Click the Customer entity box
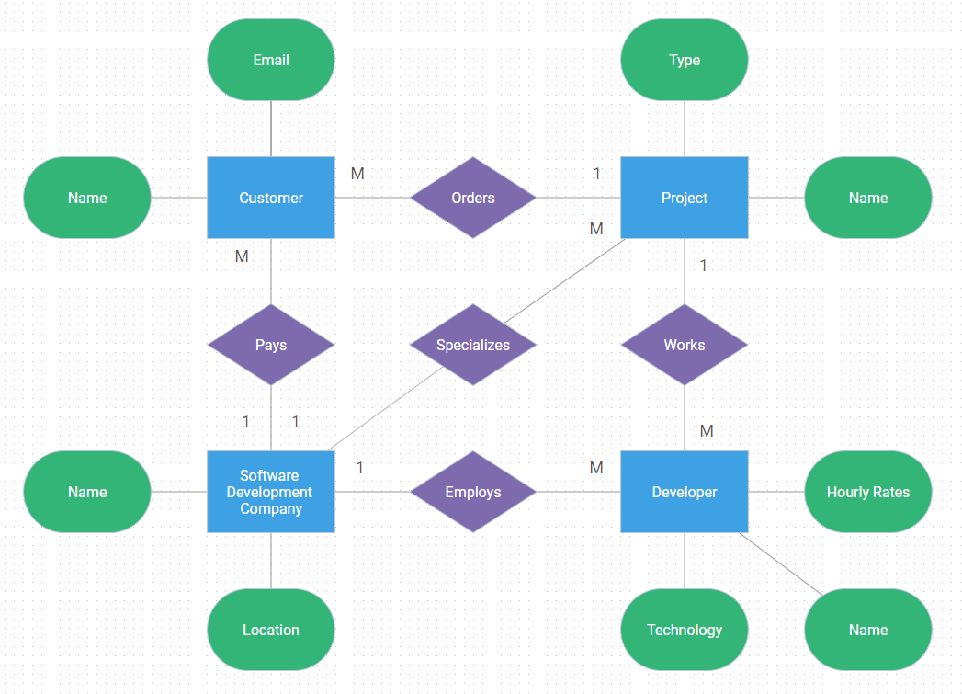[x=271, y=198]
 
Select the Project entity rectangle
[x=685, y=198]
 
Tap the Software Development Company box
[x=271, y=492]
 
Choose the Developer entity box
[x=685, y=492]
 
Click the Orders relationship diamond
[x=473, y=198]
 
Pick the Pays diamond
[x=271, y=345]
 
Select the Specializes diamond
[x=473, y=345]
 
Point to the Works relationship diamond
[x=685, y=345]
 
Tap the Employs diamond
[x=473, y=492]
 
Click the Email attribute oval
[x=271, y=60]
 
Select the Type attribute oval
[x=685, y=60]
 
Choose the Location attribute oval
[x=271, y=630]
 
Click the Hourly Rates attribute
[x=868, y=492]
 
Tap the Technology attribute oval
[x=685, y=630]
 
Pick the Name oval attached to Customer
[x=87, y=198]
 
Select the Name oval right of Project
[x=868, y=198]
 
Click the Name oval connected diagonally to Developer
[x=868, y=630]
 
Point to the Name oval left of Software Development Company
[x=87, y=492]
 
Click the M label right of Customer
[x=357, y=174]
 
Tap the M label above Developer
[x=707, y=431]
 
